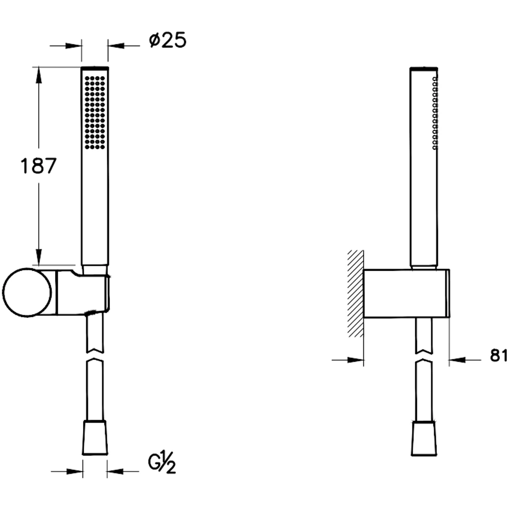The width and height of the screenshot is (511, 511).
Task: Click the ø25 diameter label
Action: (x=168, y=40)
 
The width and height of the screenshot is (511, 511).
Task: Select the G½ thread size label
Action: (x=162, y=464)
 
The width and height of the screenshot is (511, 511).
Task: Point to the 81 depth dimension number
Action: (x=499, y=356)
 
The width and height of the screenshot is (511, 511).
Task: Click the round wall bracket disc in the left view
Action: (x=27, y=292)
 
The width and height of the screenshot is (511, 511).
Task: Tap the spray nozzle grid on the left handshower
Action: (x=95, y=113)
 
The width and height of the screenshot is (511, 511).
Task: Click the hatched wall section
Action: (x=356, y=293)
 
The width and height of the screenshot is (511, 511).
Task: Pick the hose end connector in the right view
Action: (x=424, y=438)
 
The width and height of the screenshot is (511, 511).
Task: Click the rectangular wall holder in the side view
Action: (x=406, y=293)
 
